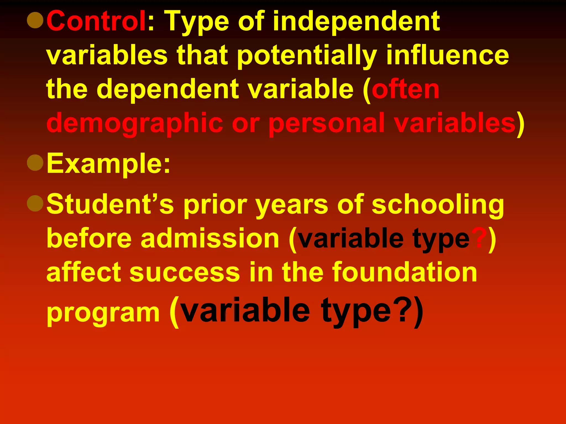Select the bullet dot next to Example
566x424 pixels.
click(x=35, y=163)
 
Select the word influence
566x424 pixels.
click(x=447, y=55)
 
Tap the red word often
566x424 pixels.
click(x=405, y=89)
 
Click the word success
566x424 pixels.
click(x=185, y=272)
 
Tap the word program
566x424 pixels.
click(x=103, y=313)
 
